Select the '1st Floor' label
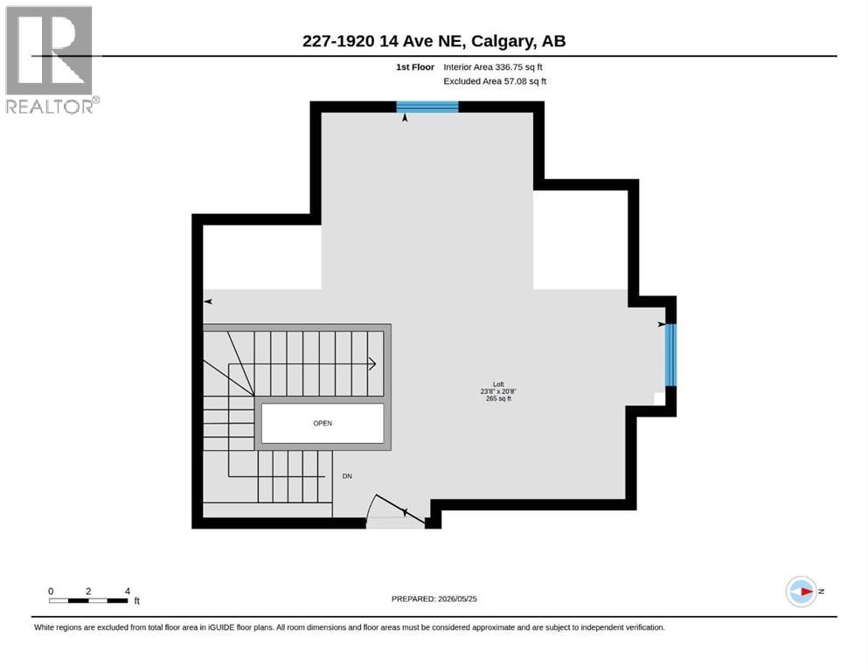click(415, 67)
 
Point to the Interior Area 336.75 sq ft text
click(493, 67)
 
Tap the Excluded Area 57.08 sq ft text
click(495, 81)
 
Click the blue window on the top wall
click(427, 107)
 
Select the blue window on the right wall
click(670, 355)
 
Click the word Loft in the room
click(498, 384)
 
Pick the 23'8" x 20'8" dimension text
click(498, 391)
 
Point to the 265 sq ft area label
click(498, 398)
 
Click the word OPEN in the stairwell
click(323, 423)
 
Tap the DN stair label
click(347, 476)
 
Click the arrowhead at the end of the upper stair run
click(372, 364)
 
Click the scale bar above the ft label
click(88, 601)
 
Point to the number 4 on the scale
click(128, 591)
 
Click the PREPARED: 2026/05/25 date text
click(434, 598)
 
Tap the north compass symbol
click(802, 591)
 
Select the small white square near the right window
click(659, 398)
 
